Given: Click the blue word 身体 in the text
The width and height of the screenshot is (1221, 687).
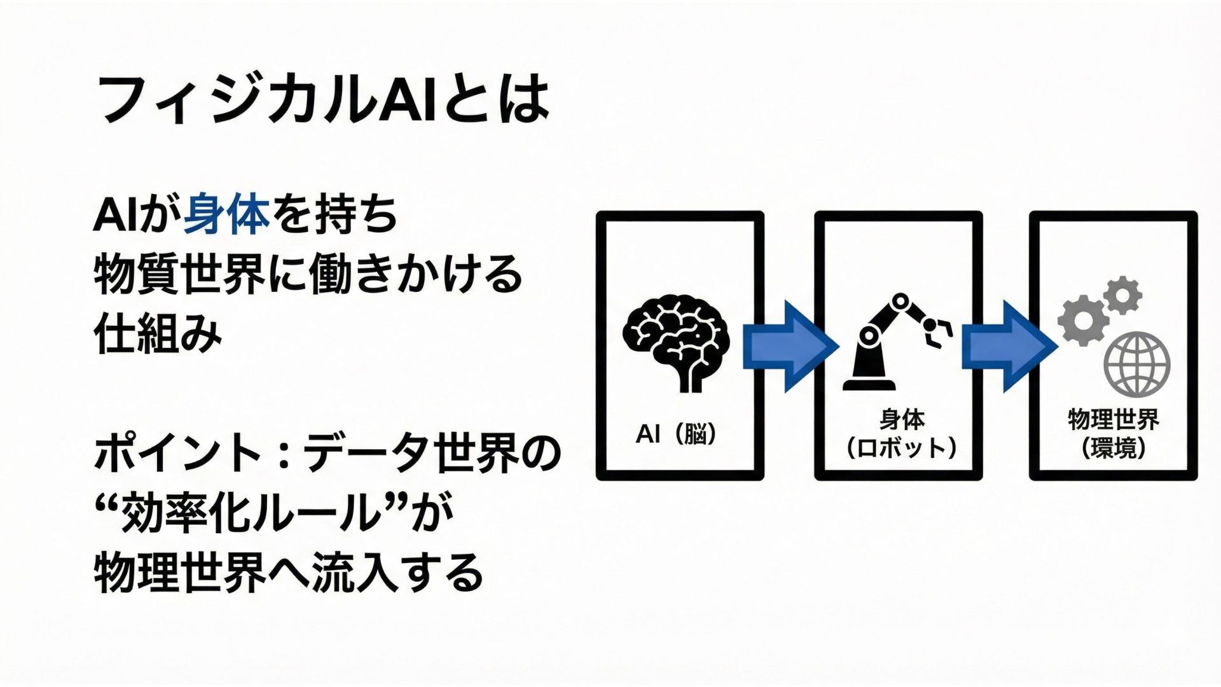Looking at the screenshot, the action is point(226,215).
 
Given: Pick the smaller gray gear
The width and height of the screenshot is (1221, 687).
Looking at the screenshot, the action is point(1123,295).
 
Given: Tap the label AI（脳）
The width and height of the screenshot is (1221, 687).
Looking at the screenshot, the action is point(676,434).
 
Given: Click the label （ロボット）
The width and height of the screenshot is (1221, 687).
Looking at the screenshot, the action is point(902,448).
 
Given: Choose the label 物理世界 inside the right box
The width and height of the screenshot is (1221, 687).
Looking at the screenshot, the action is point(1114,420).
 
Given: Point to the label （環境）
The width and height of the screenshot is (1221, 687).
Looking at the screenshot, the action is point(1114,448).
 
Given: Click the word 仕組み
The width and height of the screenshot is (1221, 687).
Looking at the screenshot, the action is point(158,334).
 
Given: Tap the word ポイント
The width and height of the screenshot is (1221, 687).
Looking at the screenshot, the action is point(178,453).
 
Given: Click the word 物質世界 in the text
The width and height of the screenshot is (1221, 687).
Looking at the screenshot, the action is point(179,275).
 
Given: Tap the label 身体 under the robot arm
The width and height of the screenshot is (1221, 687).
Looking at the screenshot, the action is point(902,420).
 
